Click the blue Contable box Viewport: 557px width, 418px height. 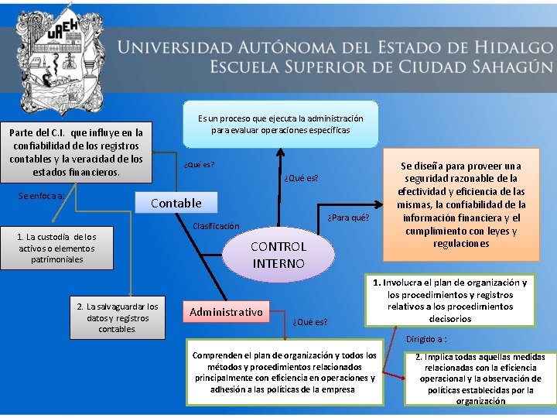pos(176,203)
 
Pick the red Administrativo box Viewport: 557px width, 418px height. pos(226,312)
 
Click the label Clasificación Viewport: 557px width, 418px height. pos(216,226)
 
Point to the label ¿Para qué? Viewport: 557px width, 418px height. pos(349,217)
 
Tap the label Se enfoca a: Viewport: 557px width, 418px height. pos(41,196)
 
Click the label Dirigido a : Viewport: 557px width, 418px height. pos(426,339)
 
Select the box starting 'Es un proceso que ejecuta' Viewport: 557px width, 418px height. pos(280,124)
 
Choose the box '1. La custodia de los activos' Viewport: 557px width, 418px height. pos(57,248)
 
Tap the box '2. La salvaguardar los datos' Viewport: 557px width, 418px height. pos(117,317)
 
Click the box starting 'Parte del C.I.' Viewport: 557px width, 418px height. pos(76,151)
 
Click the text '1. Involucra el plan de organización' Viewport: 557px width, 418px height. pos(450,300)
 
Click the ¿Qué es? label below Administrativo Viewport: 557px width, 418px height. pos(309,321)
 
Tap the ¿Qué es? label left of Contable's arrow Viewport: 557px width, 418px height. pos(199,164)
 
